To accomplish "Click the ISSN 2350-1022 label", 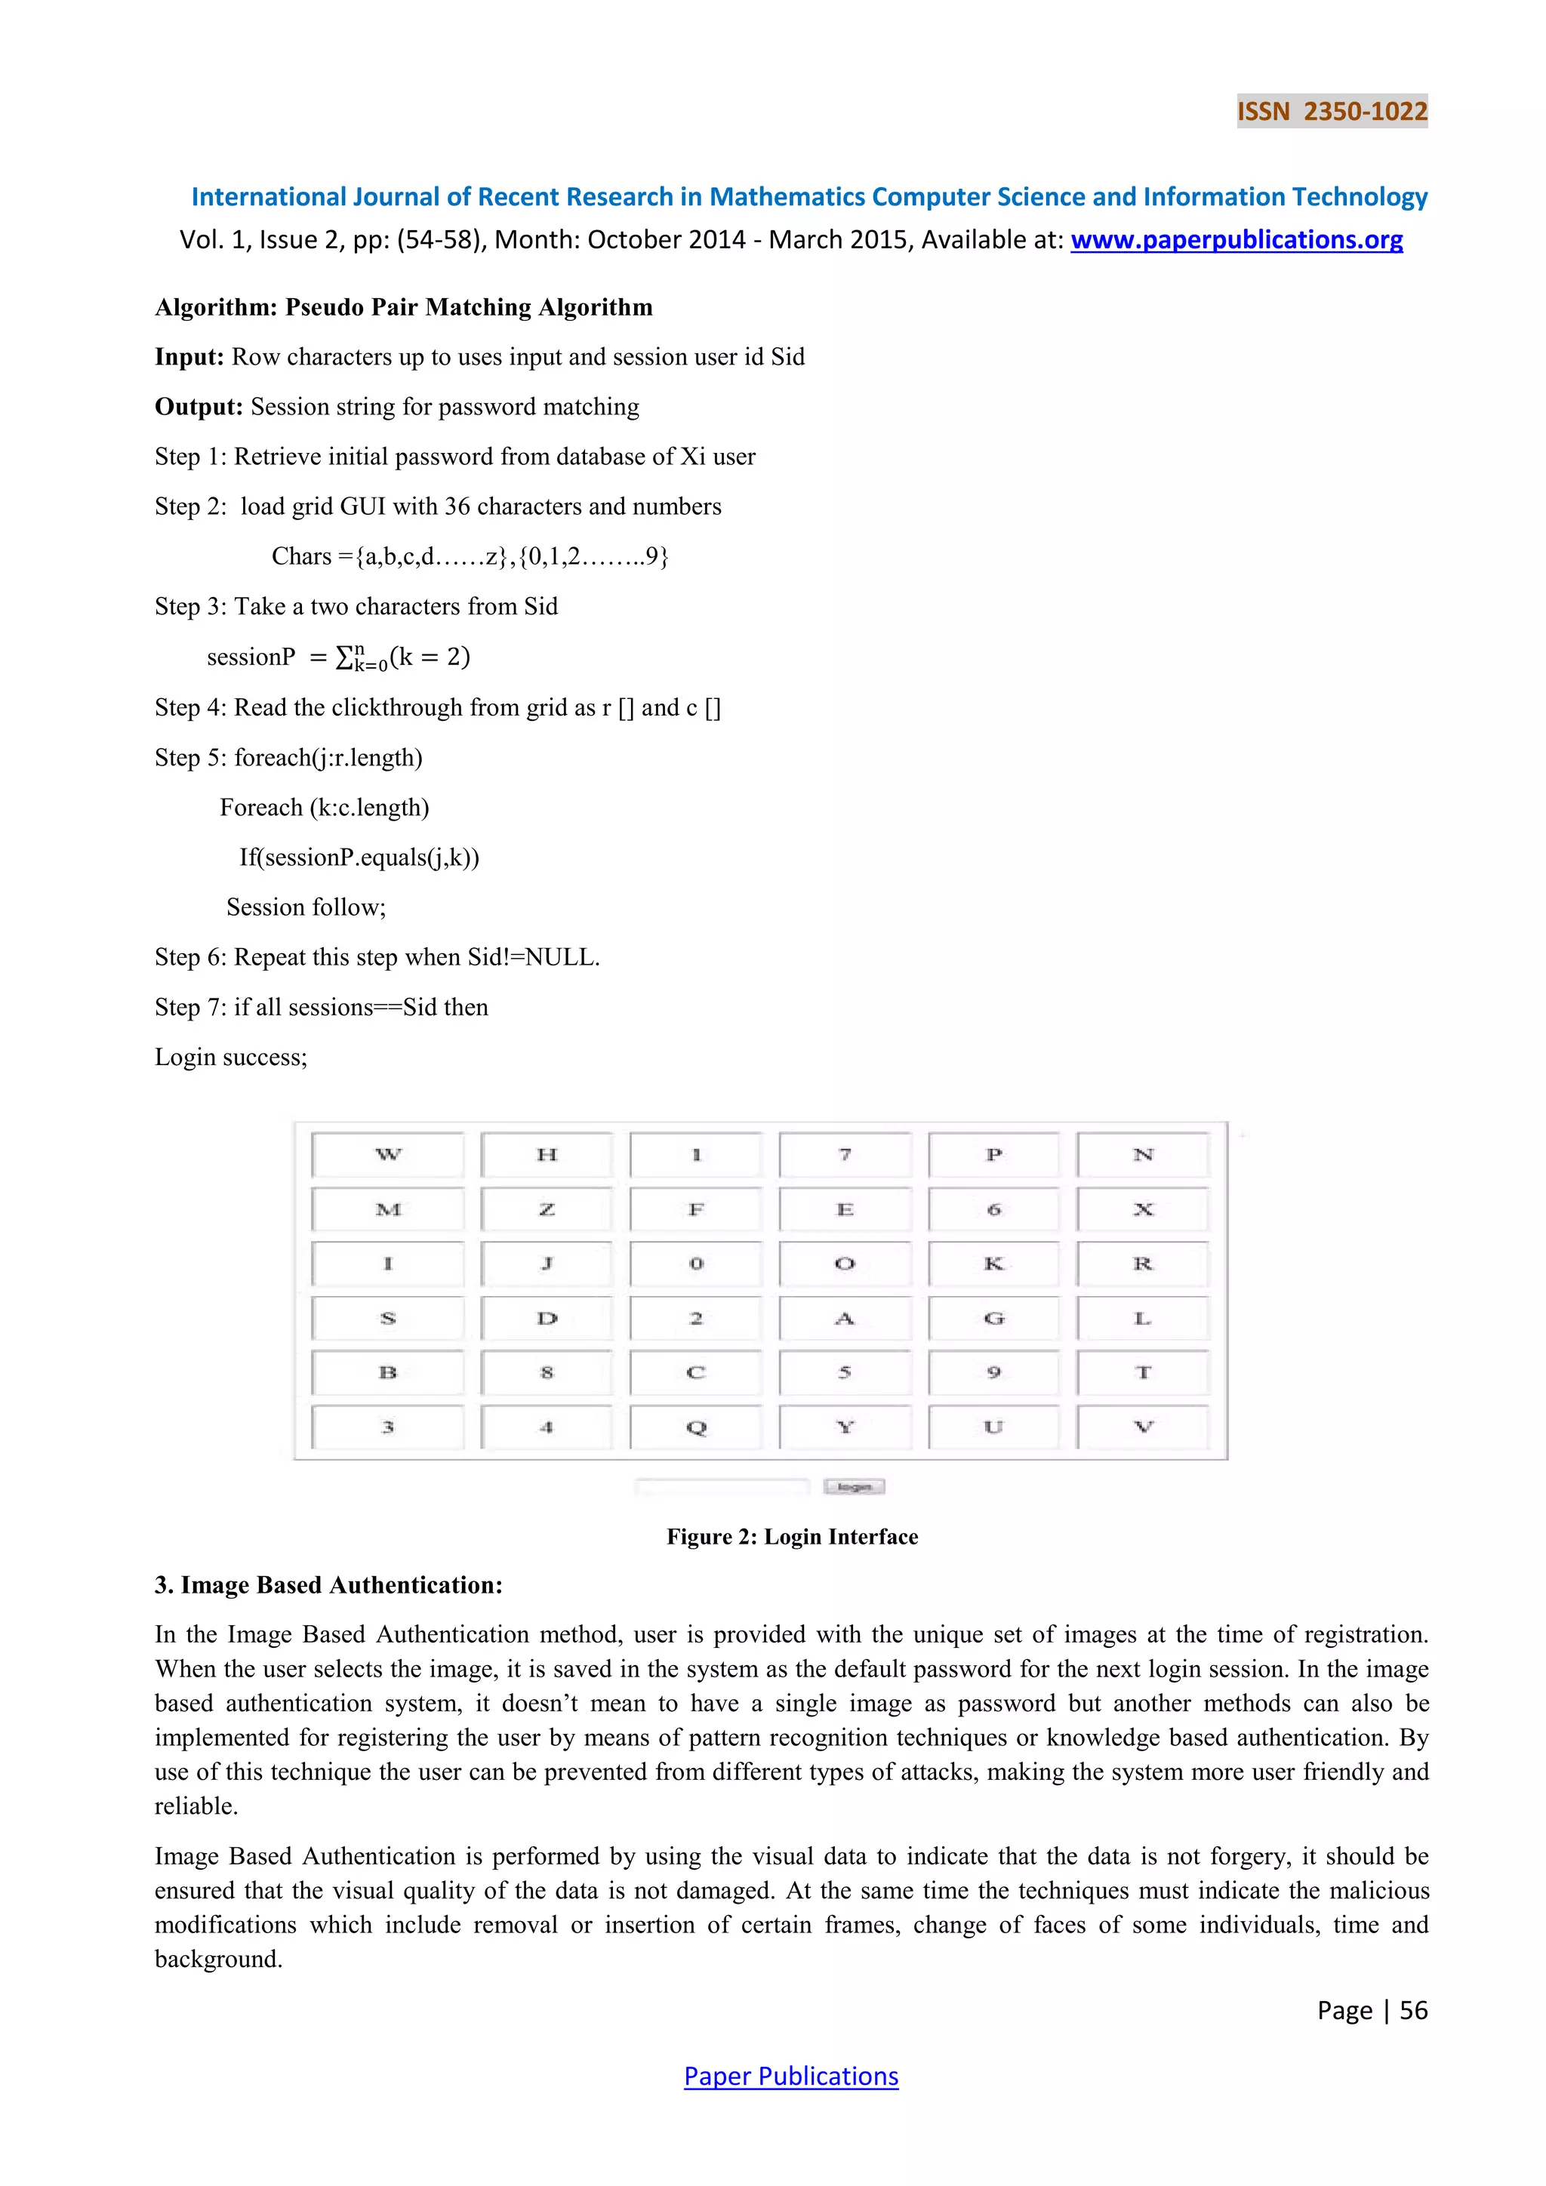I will [1332, 112].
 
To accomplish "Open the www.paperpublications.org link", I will [1236, 240].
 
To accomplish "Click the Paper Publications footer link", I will [790, 2076].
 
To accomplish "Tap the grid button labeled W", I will [387, 1155].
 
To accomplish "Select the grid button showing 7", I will [845, 1155].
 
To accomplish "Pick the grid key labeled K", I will [993, 1264].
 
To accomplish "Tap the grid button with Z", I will [547, 1210].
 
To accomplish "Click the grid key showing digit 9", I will [993, 1373].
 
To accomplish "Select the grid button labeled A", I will [845, 1319].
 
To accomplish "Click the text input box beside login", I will [722, 1487].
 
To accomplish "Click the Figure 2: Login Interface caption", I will [792, 1537].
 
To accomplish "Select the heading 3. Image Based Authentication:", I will [328, 1585].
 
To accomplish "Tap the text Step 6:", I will [190, 958].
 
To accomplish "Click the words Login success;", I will [231, 1058].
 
